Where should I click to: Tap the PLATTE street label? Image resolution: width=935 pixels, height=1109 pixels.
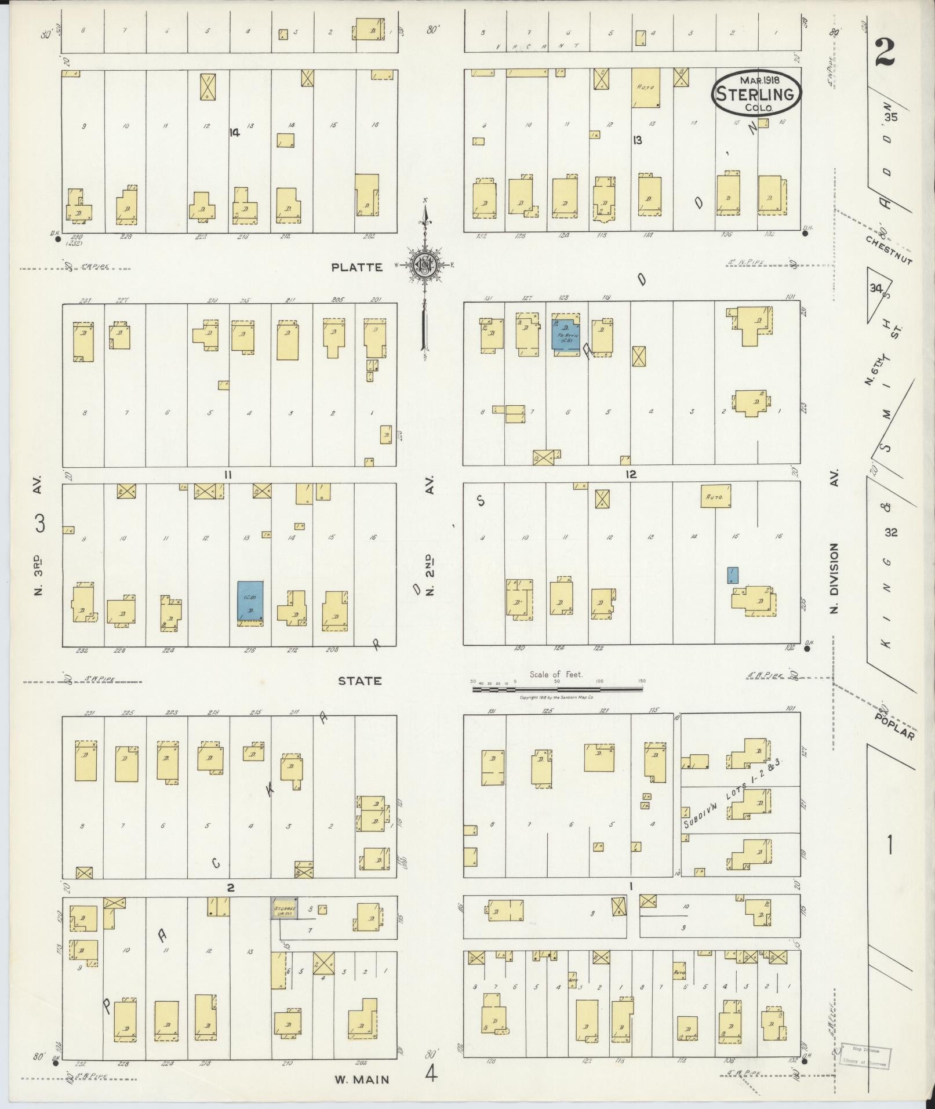tap(357, 267)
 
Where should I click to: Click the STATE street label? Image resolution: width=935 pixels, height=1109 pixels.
tap(360, 681)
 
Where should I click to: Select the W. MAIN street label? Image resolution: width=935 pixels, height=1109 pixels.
tap(361, 1079)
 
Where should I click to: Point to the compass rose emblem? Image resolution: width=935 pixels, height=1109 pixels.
tap(425, 266)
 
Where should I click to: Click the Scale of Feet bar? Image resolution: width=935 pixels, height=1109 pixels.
tap(558, 689)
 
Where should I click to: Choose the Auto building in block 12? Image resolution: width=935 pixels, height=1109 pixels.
tap(715, 496)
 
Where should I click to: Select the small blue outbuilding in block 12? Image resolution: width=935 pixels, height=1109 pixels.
tap(733, 575)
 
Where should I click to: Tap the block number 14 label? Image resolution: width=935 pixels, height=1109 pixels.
tap(234, 133)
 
